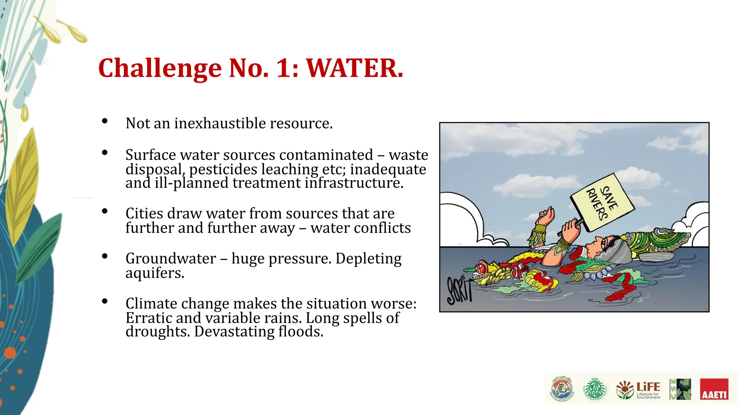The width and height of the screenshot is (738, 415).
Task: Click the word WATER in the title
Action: [354, 68]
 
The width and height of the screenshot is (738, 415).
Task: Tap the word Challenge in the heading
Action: [160, 68]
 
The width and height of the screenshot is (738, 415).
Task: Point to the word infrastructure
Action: [354, 183]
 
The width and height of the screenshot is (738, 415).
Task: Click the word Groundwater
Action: [170, 259]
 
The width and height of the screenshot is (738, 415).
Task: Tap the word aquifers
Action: [155, 273]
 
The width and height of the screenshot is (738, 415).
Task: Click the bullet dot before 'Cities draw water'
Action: [105, 211]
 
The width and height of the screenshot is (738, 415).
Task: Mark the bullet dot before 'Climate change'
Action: [105, 302]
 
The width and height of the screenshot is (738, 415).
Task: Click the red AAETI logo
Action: [713, 389]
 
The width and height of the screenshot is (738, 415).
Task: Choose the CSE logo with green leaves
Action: [680, 389]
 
